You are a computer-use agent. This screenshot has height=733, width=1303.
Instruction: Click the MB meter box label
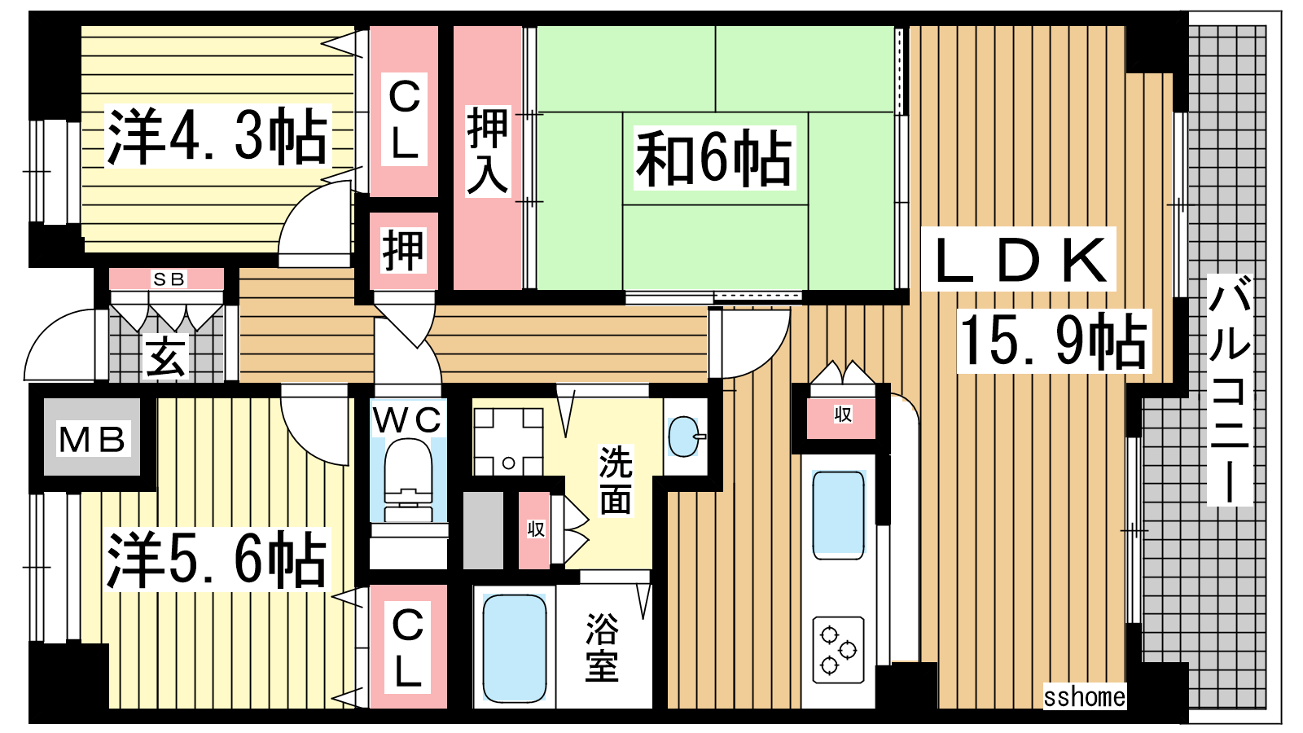click(x=92, y=440)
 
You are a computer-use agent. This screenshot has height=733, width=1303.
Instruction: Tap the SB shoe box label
click(x=169, y=279)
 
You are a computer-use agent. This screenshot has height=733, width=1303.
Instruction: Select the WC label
click(x=407, y=420)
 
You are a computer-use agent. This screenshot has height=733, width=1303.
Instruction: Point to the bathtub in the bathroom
click(x=514, y=648)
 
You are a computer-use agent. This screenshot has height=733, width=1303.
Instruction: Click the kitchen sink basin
click(x=838, y=515)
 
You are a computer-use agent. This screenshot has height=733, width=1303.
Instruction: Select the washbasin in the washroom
click(x=685, y=437)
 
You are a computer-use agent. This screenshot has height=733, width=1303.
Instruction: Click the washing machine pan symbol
click(x=508, y=442)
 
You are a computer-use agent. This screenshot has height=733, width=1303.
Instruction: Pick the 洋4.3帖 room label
click(x=217, y=137)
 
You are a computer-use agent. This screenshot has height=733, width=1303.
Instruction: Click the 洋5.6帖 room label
click(x=217, y=560)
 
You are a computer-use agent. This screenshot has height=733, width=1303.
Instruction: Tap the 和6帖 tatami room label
click(x=714, y=158)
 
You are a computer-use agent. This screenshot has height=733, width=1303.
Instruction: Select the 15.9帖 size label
click(x=1054, y=341)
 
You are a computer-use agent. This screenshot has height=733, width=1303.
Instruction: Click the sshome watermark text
click(x=1085, y=696)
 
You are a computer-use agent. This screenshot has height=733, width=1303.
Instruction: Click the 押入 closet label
click(x=488, y=151)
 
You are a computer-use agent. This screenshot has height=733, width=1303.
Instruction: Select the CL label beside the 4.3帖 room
click(x=405, y=119)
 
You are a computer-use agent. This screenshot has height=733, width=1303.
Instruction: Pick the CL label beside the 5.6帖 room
click(x=408, y=647)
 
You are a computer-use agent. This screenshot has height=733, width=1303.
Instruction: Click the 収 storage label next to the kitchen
click(x=843, y=415)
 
